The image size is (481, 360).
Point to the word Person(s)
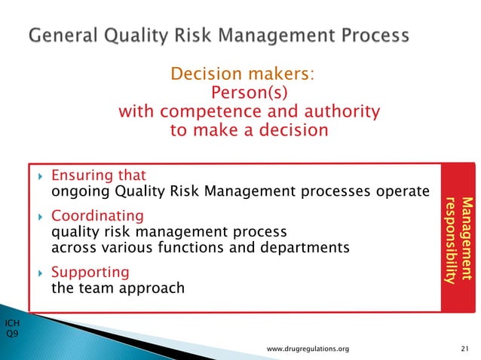tap(249, 93)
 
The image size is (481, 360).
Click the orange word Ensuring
tap(81, 176)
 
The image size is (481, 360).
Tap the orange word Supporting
tap(89, 272)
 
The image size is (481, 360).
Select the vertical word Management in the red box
tap(467, 240)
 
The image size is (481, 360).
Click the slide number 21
tap(464, 349)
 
